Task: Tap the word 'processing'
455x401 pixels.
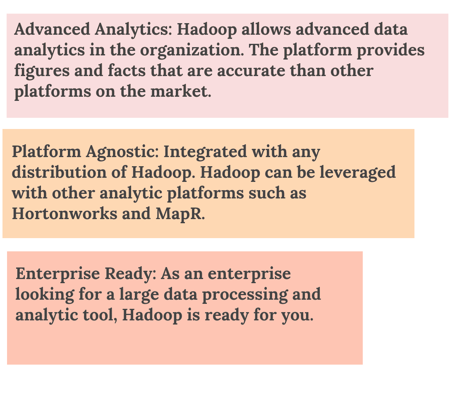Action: (x=237, y=295)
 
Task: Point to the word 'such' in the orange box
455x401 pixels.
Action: (x=264, y=193)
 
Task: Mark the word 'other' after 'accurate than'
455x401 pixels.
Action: (x=351, y=71)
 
